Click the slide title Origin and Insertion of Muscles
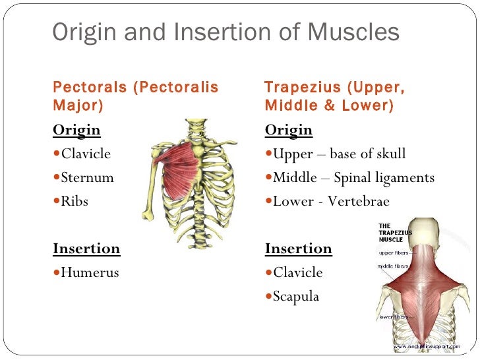point(225,32)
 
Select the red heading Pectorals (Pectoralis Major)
point(135,96)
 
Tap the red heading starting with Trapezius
point(334,96)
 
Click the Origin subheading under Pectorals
point(76,130)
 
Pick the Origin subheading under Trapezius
point(289,130)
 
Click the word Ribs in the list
point(74,201)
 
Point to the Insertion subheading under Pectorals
point(86,249)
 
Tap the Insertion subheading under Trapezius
point(299,249)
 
